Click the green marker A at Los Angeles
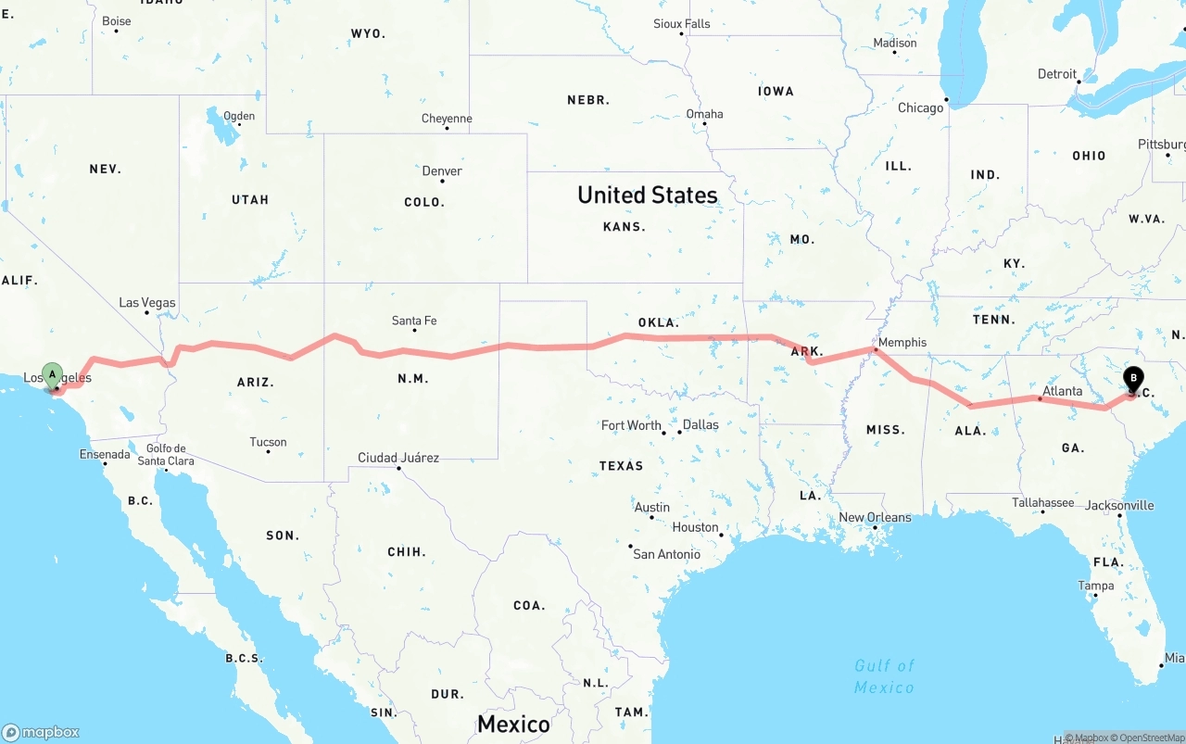click(53, 375)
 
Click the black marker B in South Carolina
click(1133, 378)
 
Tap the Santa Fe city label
click(414, 321)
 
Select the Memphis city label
click(902, 342)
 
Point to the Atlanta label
click(1062, 391)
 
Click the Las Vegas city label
click(146, 303)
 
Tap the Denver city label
click(442, 170)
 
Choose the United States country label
click(647, 195)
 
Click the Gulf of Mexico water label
click(884, 676)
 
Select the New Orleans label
click(875, 517)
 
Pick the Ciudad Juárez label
click(398, 458)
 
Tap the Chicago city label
click(920, 107)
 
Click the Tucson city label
click(268, 442)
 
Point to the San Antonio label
click(666, 554)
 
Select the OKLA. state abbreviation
click(658, 322)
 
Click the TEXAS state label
click(621, 465)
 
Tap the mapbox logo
click(41, 732)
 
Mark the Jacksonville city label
click(1119, 505)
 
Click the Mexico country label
click(513, 724)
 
